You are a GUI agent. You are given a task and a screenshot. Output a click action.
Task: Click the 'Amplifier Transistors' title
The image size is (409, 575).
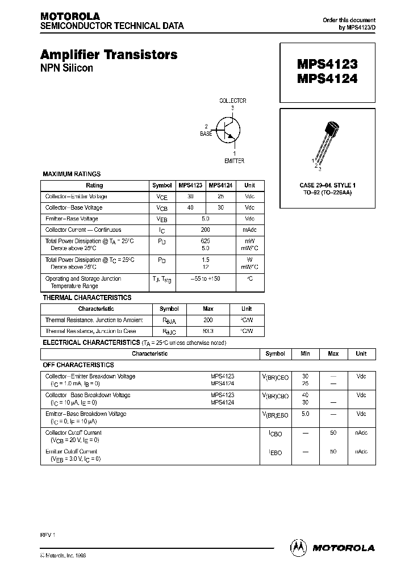[108, 55]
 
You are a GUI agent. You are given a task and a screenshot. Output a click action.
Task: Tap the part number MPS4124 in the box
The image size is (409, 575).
[327, 80]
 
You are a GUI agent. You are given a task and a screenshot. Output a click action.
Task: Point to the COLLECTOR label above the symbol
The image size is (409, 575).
[233, 101]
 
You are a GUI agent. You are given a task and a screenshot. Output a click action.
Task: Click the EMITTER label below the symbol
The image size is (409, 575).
[234, 161]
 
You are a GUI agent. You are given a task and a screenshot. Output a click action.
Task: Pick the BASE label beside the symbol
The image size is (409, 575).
[206, 134]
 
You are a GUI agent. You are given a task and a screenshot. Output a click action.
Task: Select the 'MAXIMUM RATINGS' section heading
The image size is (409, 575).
[72, 174]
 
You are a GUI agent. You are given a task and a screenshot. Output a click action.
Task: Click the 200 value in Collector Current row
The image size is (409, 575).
[205, 230]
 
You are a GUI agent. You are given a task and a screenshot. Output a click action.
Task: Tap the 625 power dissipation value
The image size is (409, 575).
[205, 241]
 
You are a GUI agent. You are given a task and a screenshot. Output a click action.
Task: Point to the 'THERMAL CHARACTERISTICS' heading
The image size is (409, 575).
[87, 298]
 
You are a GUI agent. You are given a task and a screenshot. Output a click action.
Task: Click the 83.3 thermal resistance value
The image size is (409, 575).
[208, 331]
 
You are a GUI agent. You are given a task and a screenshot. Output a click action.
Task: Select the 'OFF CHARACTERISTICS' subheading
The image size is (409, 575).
[78, 365]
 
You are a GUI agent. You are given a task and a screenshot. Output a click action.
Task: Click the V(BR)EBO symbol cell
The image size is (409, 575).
[275, 415]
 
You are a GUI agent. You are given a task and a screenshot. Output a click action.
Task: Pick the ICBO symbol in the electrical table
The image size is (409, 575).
[275, 434]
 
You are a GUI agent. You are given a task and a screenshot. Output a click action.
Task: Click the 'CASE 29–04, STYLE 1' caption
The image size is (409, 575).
[327, 186]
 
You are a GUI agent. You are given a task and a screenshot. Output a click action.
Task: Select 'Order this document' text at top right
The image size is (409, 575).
[349, 20]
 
